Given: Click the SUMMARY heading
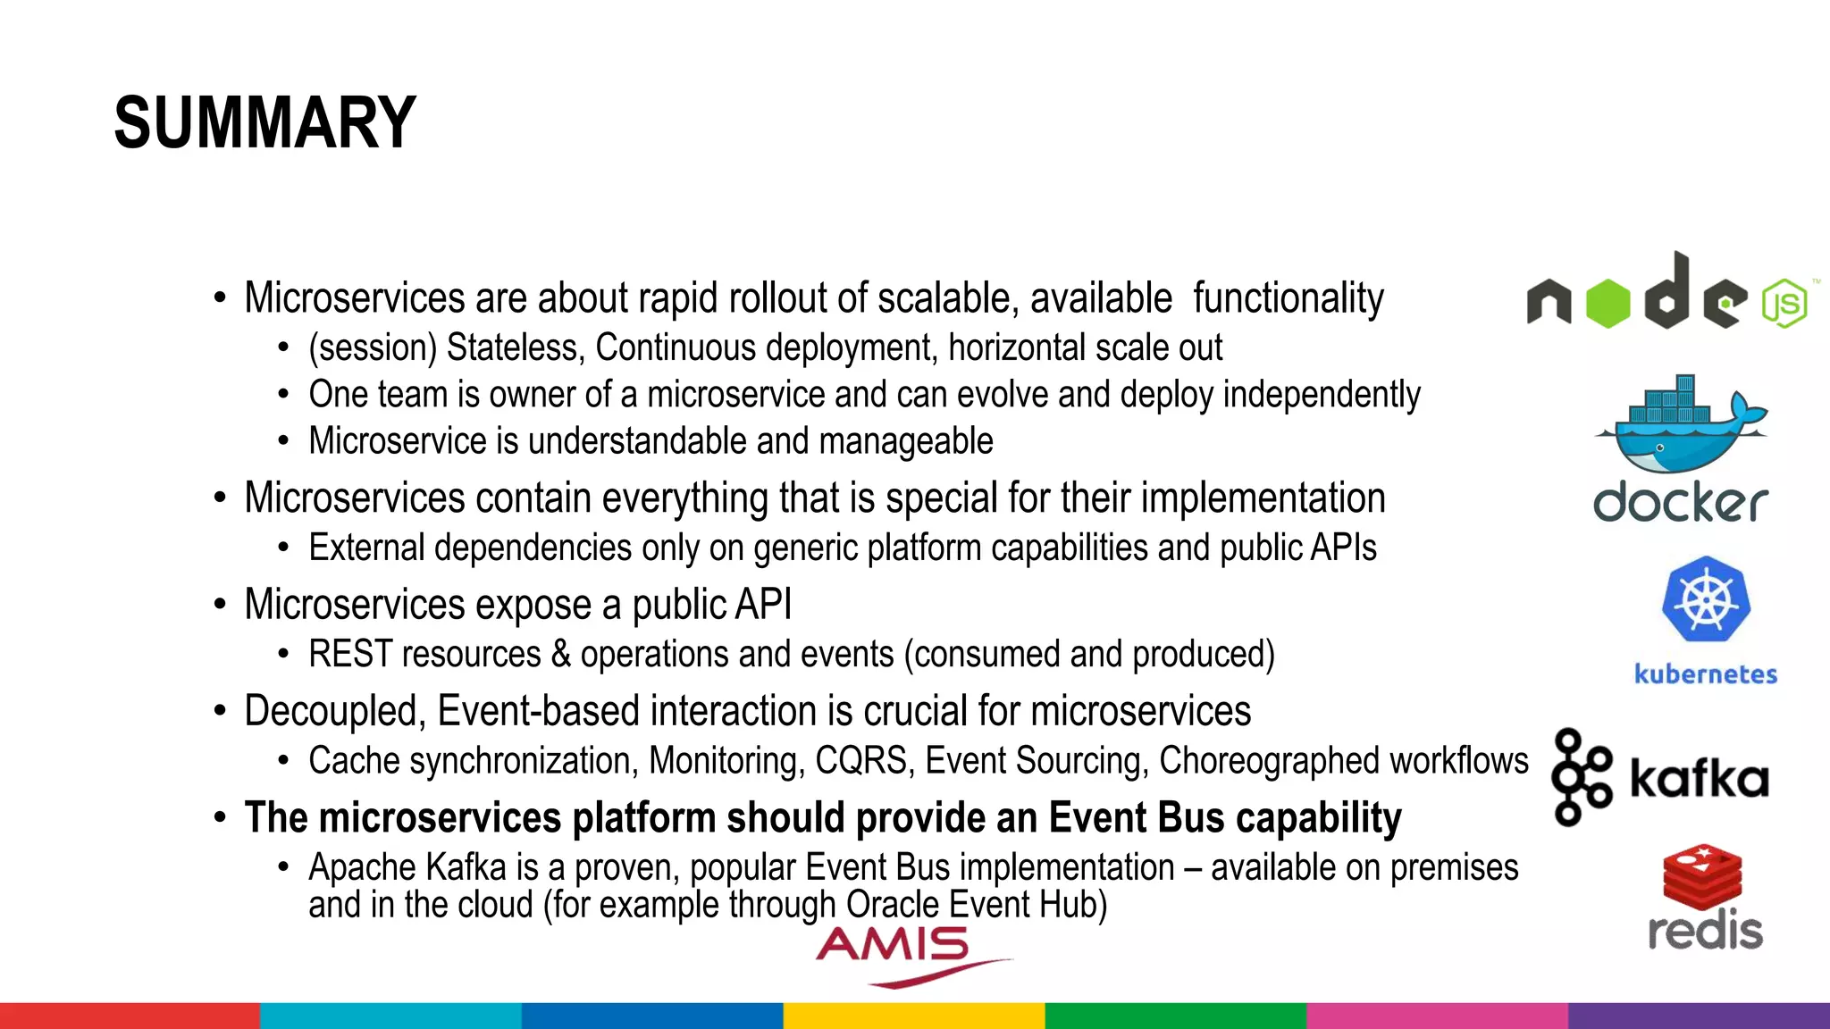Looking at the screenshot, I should pyautogui.click(x=265, y=122).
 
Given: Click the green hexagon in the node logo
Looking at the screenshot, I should pyautogui.click(x=1608, y=304).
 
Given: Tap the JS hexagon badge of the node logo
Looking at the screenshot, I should pyautogui.click(x=1784, y=304).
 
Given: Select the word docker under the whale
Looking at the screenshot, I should pyautogui.click(x=1680, y=502).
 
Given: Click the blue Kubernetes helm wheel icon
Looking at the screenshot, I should pyautogui.click(x=1706, y=599).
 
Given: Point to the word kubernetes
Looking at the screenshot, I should pyautogui.click(x=1705, y=674).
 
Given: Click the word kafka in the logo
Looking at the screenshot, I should pyautogui.click(x=1699, y=778).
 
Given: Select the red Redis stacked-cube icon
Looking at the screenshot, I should pyautogui.click(x=1702, y=874).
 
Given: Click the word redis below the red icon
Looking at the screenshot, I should pyautogui.click(x=1705, y=931).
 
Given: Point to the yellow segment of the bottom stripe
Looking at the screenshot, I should pyautogui.click(x=913, y=1016).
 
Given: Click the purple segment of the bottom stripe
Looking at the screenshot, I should pyautogui.click(x=1698, y=1016).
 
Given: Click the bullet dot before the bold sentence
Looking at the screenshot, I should pyautogui.click(x=220, y=818).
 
